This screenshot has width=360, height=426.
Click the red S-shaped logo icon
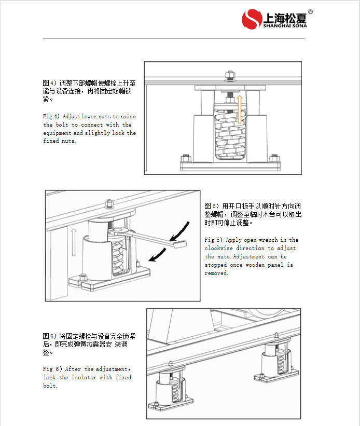(252, 20)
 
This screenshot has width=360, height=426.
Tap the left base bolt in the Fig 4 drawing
(186, 159)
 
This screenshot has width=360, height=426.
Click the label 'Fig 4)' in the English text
(51, 117)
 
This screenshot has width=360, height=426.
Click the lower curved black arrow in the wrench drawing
(159, 254)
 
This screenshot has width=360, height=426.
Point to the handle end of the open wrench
(178, 244)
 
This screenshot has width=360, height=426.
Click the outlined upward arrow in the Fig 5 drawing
(74, 241)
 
